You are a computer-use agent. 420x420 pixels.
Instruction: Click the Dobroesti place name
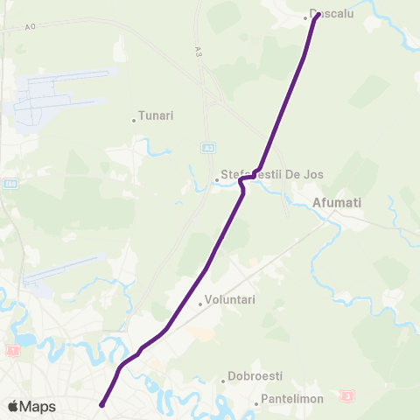pyautogui.click(x=255, y=376)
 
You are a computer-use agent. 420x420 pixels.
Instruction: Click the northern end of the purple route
pyautogui.click(x=316, y=15)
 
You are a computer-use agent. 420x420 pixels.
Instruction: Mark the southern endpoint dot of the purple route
pyautogui.click(x=102, y=404)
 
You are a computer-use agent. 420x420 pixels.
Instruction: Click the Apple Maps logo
pyautogui.click(x=31, y=406)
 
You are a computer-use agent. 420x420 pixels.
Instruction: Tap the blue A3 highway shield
pyautogui.click(x=207, y=148)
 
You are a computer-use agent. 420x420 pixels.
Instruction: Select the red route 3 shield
pyautogui.click(x=347, y=396)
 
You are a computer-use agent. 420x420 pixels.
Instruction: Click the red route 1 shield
pyautogui.click(x=12, y=350)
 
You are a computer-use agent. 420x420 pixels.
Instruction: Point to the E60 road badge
pyautogui.click(x=9, y=184)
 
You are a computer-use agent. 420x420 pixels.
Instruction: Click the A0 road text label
pyautogui.click(x=31, y=27)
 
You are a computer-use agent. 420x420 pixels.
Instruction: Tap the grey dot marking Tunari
pyautogui.click(x=134, y=120)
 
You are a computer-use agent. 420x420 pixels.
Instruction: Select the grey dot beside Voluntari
pyautogui.click(x=200, y=304)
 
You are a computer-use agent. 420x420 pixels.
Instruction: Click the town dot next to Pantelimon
pyautogui.click(x=256, y=403)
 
